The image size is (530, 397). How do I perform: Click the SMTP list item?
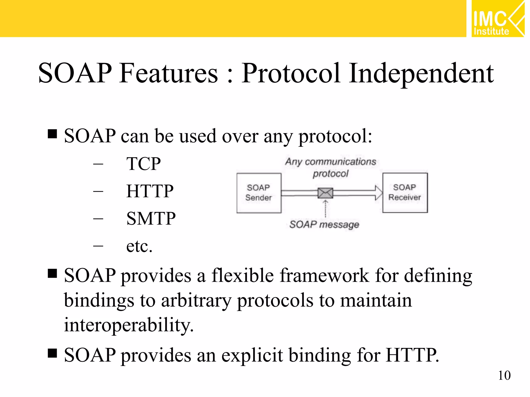coord(151,219)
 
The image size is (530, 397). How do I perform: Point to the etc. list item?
coord(139,246)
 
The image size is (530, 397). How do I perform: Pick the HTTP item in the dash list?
coord(150,191)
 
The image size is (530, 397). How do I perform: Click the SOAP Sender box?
coord(259,193)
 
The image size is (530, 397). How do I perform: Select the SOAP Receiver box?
coord(405,193)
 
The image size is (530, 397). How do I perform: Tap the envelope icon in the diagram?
coord(325,193)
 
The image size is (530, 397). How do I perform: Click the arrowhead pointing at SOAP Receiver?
coord(379,193)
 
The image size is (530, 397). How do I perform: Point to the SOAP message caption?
coord(324,224)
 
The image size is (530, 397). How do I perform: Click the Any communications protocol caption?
coord(330,167)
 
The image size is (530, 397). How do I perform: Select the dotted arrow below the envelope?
coord(325,209)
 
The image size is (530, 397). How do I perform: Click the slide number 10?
coord(504,376)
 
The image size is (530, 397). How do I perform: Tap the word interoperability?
coord(129,325)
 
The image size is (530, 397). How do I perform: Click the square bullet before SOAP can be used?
coord(52,134)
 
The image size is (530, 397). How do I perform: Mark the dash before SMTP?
coord(98,219)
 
